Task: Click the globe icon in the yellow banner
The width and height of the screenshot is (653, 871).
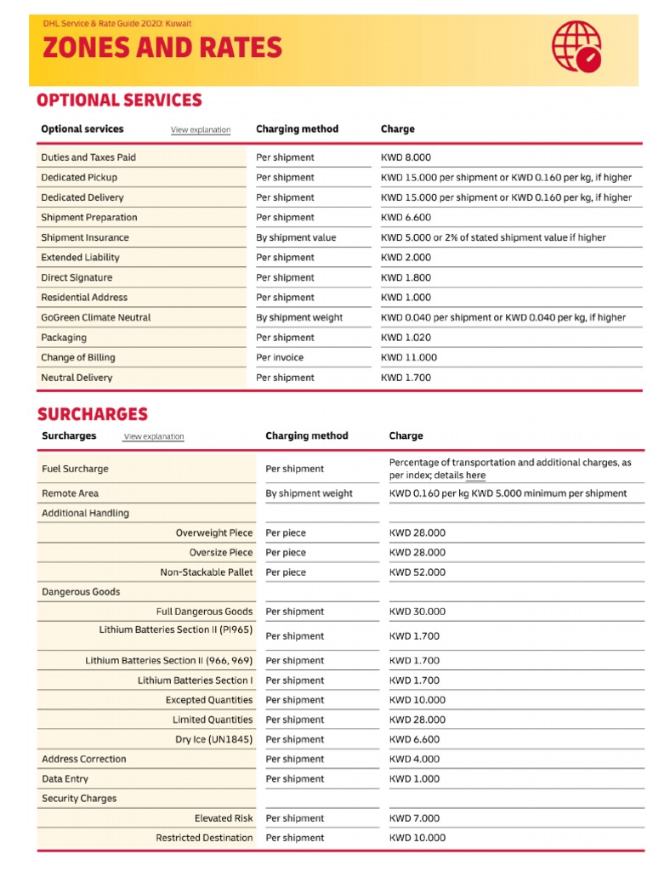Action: click(x=577, y=46)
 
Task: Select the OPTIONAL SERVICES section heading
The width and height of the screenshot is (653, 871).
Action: click(x=119, y=100)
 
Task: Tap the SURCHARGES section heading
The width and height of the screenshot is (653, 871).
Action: click(x=92, y=414)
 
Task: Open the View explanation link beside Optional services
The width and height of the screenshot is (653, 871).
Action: click(x=201, y=130)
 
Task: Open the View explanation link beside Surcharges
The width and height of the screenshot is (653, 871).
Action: click(x=154, y=437)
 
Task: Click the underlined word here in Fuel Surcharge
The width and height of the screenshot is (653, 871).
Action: click(x=475, y=475)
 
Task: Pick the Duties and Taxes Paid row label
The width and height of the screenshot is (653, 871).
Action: click(x=88, y=157)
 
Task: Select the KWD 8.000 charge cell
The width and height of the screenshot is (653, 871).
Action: click(x=406, y=157)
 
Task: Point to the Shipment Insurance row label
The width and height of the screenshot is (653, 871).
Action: click(x=85, y=237)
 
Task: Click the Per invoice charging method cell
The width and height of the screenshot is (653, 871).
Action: click(x=280, y=357)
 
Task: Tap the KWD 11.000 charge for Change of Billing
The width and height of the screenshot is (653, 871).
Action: click(x=409, y=357)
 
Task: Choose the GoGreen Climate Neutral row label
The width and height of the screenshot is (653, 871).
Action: click(x=96, y=317)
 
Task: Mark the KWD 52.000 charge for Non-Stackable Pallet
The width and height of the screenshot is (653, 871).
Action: click(x=417, y=572)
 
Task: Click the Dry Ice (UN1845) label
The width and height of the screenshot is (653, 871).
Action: click(x=214, y=739)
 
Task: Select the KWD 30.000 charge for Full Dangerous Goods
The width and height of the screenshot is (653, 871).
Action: click(x=417, y=612)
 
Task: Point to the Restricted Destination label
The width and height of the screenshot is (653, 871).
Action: click(x=204, y=838)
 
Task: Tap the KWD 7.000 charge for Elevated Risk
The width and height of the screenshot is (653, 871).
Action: click(x=415, y=818)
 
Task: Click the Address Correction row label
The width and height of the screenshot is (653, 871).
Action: click(x=84, y=759)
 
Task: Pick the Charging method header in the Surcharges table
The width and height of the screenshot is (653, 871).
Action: click(x=307, y=435)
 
